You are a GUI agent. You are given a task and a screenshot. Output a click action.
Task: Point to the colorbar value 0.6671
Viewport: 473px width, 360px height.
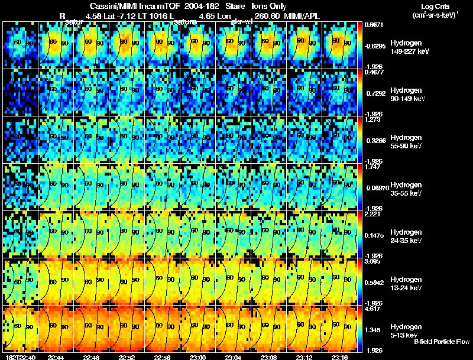(x=375, y=25)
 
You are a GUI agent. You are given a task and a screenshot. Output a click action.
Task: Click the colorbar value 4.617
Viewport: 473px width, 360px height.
(x=374, y=309)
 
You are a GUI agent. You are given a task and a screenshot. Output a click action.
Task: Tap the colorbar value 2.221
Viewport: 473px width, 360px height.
(x=374, y=214)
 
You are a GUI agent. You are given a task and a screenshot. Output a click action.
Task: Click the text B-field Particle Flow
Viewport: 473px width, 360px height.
(x=442, y=342)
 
